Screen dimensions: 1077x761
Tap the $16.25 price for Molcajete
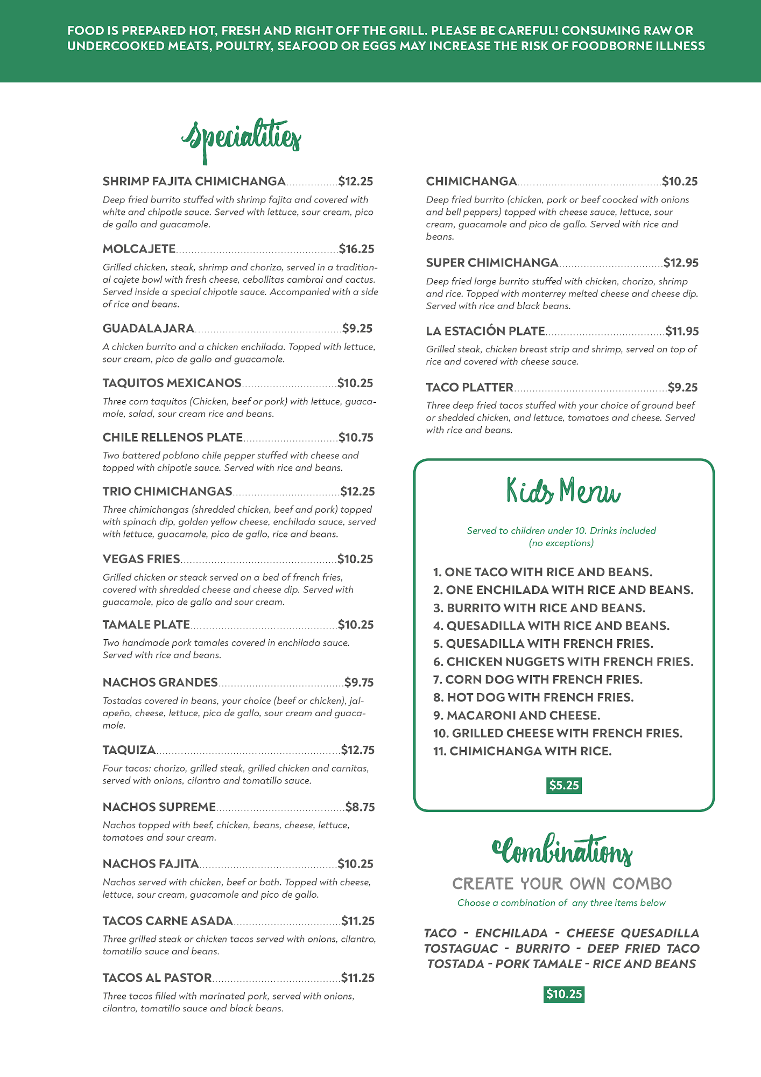coord(356,249)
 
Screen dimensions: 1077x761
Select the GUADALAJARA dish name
coord(148,328)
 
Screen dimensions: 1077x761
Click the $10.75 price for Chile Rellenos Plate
coord(356,437)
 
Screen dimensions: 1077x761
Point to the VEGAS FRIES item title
coord(141,559)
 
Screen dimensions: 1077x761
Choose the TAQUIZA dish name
coord(129,750)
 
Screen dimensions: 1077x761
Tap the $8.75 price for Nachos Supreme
coord(360,807)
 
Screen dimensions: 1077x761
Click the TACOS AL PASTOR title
coord(157,978)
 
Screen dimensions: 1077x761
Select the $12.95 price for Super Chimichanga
coord(681,263)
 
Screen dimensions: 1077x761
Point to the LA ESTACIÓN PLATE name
coord(485,331)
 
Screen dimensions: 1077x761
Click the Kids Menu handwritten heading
coord(563,491)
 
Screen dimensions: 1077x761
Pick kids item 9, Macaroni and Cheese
coord(517,715)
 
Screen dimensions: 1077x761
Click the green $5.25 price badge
coord(564,786)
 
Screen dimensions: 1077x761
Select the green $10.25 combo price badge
coord(564,994)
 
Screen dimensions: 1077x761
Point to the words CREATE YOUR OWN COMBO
coord(562,884)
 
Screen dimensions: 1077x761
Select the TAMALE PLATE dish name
coord(146,625)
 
